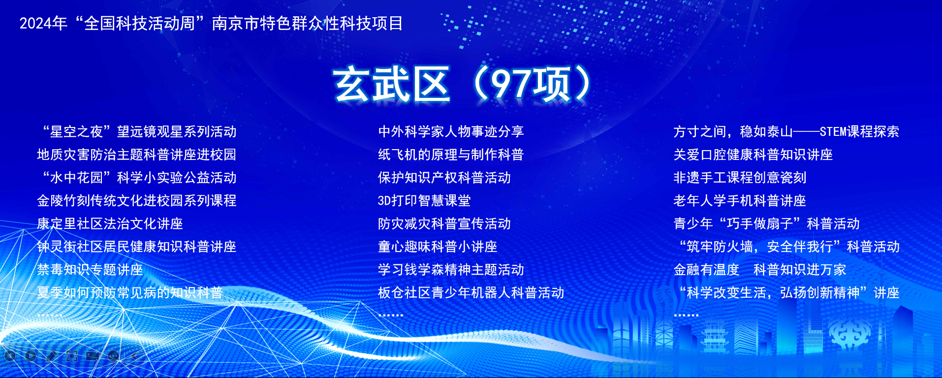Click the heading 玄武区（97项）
click(x=462, y=84)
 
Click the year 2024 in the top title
click(x=35, y=24)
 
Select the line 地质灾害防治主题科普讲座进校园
click(x=137, y=155)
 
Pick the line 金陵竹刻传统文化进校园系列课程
click(x=137, y=201)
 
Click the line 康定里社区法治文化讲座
click(x=110, y=224)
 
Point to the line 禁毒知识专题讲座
click(x=90, y=270)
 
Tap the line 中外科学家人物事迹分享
click(x=451, y=131)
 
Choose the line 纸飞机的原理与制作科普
click(x=451, y=155)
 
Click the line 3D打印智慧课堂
click(x=424, y=201)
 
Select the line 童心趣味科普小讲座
click(x=438, y=247)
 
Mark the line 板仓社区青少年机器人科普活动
click(x=471, y=293)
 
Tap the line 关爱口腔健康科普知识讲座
click(x=753, y=155)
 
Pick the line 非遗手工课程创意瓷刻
click(x=740, y=178)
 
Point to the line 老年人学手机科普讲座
click(x=740, y=201)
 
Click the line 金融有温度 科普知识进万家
click(x=759, y=270)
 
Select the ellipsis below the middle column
click(x=391, y=315)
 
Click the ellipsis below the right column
click(x=686, y=315)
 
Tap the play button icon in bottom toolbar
click(x=31, y=355)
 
